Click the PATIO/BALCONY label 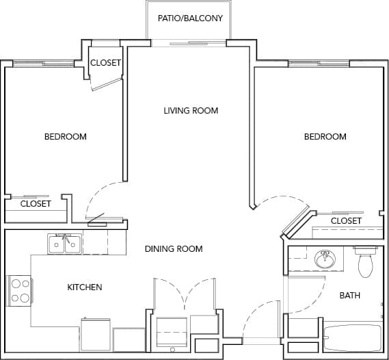click(x=190, y=18)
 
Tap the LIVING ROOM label click(x=191, y=111)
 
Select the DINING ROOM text click(x=174, y=248)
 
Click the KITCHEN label click(x=85, y=287)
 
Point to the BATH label click(x=350, y=296)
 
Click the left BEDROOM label click(x=66, y=137)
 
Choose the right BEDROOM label click(x=325, y=137)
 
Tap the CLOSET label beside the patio click(x=105, y=63)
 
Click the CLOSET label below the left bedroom click(x=36, y=204)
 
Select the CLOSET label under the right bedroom click(x=346, y=221)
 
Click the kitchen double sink click(x=65, y=244)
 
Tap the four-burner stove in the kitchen click(x=20, y=290)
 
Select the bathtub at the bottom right click(x=351, y=338)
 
